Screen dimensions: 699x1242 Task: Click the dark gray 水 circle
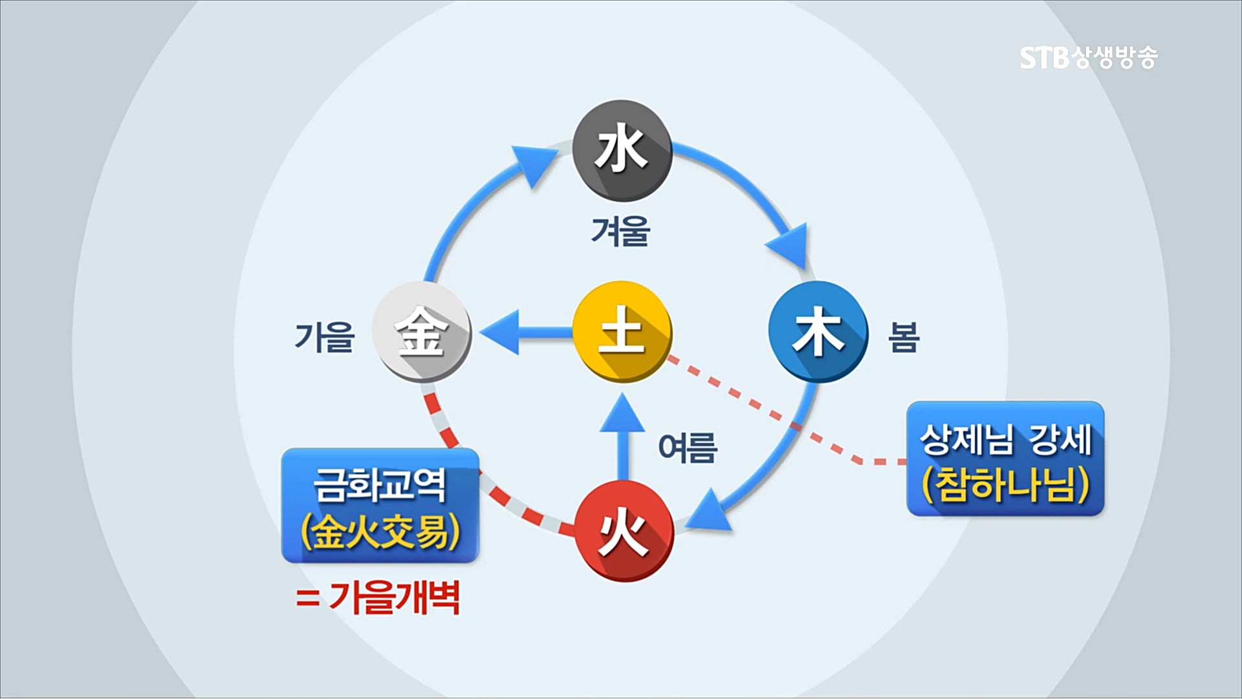(622, 151)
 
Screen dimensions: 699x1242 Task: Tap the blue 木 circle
(818, 332)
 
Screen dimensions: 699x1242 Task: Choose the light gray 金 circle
(422, 332)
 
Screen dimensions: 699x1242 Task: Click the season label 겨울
(620, 231)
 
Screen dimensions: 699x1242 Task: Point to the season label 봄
(903, 337)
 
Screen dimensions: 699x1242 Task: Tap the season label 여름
(687, 447)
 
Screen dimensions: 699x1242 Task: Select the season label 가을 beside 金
(324, 337)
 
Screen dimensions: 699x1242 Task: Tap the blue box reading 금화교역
(380, 505)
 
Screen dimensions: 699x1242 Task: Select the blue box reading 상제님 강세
(1005, 458)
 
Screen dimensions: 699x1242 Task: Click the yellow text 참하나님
(1005, 484)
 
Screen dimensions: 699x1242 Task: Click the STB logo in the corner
(1088, 58)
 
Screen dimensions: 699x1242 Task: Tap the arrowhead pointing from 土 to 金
(501, 332)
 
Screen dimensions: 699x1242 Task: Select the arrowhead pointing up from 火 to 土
(622, 414)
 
